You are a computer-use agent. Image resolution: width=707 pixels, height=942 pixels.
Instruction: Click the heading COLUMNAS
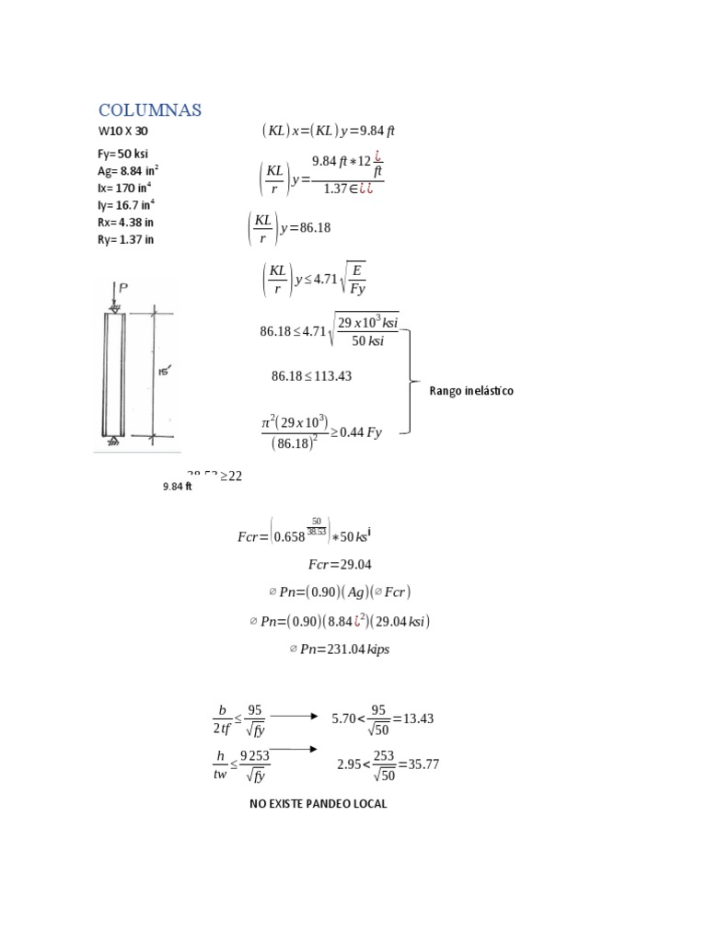(x=150, y=110)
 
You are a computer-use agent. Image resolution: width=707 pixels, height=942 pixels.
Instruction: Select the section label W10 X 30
(x=122, y=132)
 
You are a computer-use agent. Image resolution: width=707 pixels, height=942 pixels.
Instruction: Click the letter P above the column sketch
(x=122, y=289)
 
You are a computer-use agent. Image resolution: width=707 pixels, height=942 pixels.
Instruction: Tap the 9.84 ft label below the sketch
(x=177, y=487)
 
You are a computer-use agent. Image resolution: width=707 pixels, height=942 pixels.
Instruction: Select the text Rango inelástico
(x=471, y=391)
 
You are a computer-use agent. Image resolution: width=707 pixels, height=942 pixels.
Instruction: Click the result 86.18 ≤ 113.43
(x=311, y=376)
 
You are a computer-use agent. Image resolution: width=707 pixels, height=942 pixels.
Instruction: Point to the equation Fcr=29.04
(x=340, y=564)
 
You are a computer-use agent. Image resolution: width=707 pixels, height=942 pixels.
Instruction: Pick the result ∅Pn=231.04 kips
(x=340, y=649)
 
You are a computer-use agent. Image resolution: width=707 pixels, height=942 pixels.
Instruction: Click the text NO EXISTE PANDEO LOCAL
(x=319, y=804)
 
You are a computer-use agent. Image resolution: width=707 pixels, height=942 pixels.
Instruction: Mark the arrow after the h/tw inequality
(x=295, y=749)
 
